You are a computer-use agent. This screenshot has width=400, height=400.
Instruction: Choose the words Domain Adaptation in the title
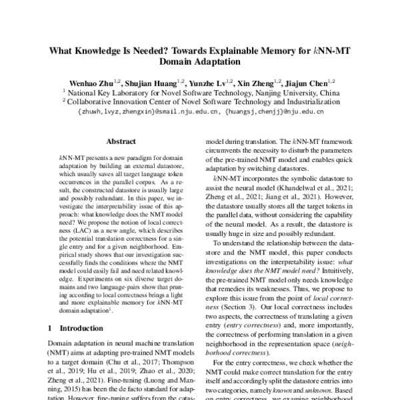[x=199, y=62]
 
